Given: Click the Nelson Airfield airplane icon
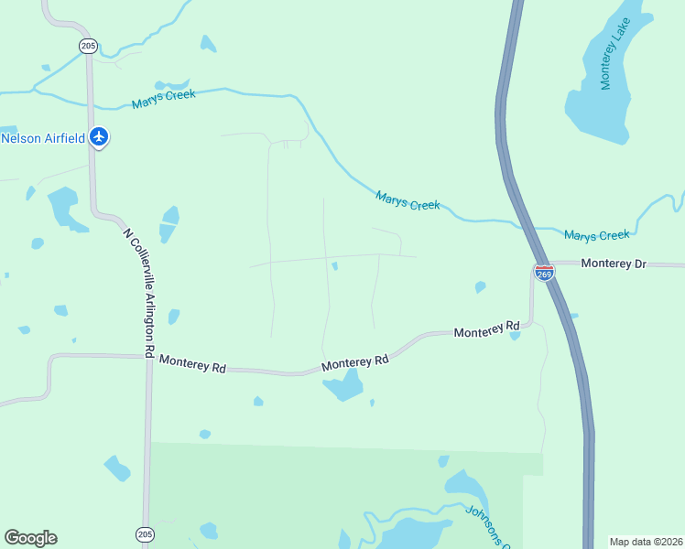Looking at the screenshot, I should click(99, 138).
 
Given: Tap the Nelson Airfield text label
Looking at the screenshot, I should click(43, 138).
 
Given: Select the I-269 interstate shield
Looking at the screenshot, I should click(544, 273).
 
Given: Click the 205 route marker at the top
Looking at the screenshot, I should click(88, 45).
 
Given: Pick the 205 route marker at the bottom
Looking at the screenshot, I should click(145, 533).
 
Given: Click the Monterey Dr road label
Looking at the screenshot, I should click(614, 264).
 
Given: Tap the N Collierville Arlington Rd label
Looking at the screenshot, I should click(139, 292).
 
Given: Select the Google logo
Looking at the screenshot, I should click(30, 538).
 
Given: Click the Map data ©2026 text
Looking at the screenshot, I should click(645, 542).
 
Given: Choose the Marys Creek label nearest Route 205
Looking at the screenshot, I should click(163, 100).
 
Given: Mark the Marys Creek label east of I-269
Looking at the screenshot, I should click(596, 235).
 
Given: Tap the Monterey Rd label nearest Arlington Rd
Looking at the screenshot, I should click(192, 362).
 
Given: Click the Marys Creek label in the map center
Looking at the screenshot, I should click(408, 200).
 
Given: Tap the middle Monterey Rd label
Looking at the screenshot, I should click(355, 362).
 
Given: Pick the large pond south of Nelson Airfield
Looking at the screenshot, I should click(63, 207).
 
